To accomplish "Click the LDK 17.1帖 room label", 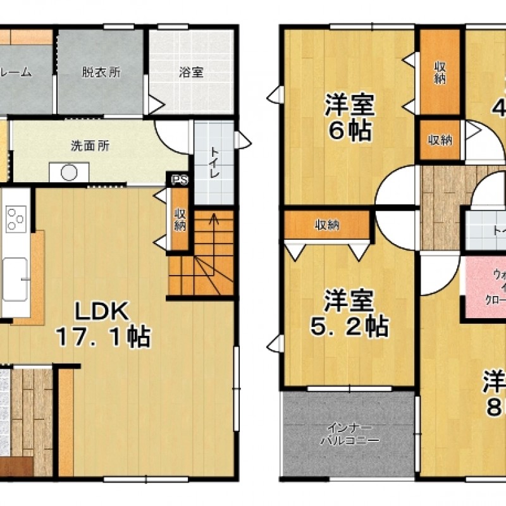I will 102,323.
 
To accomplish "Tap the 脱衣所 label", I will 101,72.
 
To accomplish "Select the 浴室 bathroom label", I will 191,72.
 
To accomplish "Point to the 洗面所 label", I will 90,145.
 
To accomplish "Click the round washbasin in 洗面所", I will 68,171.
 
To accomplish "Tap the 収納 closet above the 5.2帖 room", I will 326,225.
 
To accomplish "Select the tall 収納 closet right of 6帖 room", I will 440,72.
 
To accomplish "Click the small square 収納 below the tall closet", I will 440,140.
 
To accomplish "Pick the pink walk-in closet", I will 487,288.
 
